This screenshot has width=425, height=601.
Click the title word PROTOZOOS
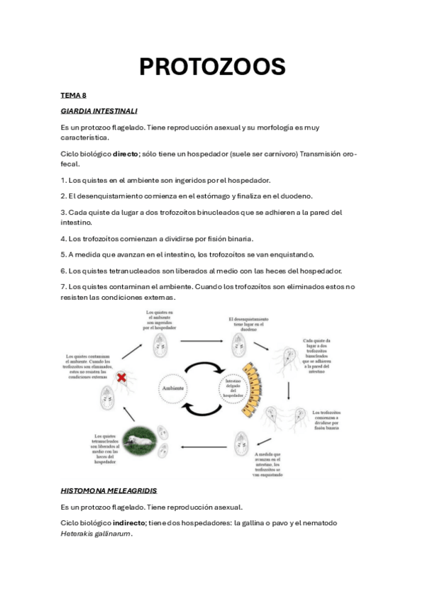[212, 67]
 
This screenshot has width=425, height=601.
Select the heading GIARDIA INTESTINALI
[99, 111]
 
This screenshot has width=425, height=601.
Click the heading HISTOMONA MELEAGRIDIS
[109, 490]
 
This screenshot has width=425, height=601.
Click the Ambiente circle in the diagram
[175, 388]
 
